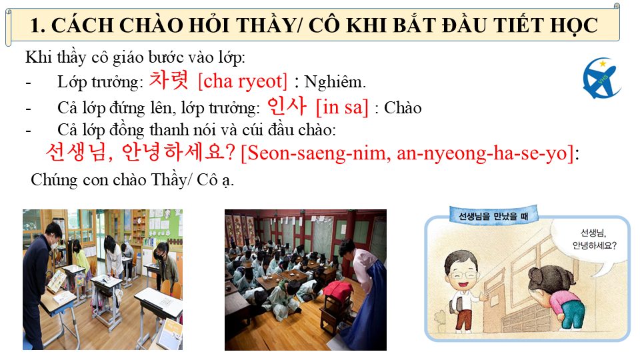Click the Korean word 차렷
pyautogui.click(x=169, y=80)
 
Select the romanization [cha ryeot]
pyautogui.click(x=243, y=81)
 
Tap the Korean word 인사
pyautogui.click(x=287, y=106)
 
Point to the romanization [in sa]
pyautogui.click(x=342, y=107)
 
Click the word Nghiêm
pyautogui.click(x=335, y=82)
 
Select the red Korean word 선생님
pyautogui.click(x=75, y=152)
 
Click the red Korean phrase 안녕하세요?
pyautogui.click(x=179, y=152)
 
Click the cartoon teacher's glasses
pyautogui.click(x=463, y=274)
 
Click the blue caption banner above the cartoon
pyautogui.click(x=493, y=215)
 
